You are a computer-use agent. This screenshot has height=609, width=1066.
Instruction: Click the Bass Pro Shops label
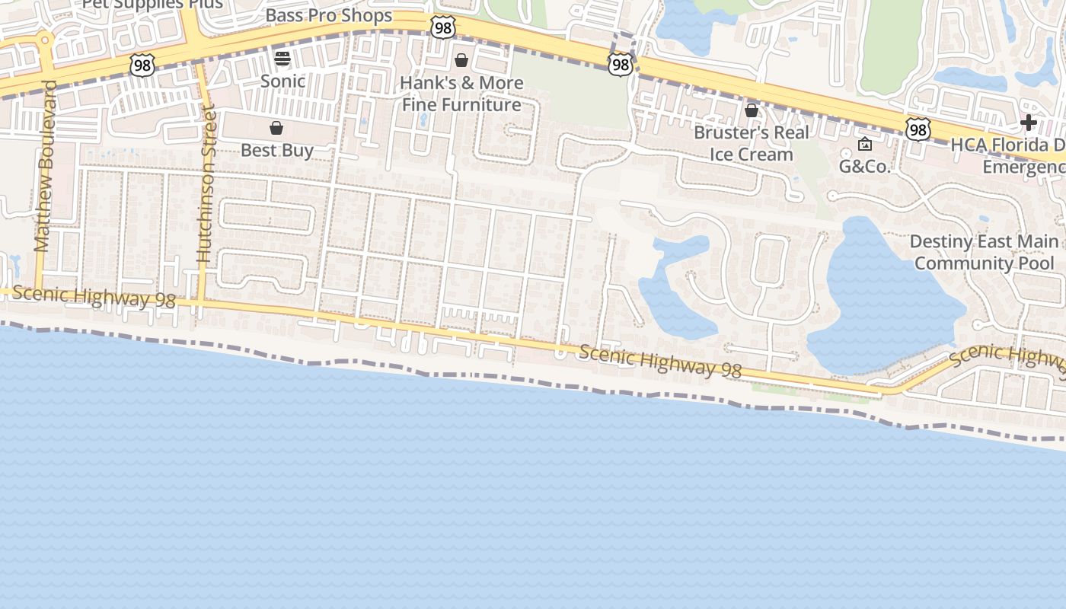click(329, 16)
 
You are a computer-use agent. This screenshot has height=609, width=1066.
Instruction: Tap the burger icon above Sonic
click(282, 59)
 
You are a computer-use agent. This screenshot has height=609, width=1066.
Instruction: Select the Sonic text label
click(282, 81)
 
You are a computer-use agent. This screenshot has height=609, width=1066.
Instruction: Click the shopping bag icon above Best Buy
click(276, 128)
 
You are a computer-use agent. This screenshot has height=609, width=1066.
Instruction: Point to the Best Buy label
click(276, 150)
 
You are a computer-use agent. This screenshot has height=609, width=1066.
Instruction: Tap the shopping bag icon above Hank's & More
click(461, 60)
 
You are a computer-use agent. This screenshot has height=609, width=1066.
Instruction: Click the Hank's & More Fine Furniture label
click(462, 94)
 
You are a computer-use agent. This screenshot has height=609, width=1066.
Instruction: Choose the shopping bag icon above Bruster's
click(752, 110)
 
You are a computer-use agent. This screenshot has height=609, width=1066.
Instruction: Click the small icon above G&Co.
click(865, 144)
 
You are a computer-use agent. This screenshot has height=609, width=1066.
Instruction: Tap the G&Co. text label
click(865, 166)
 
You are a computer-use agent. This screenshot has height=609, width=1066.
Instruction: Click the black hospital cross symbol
click(1029, 123)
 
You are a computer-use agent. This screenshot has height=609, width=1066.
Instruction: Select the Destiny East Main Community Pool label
click(985, 252)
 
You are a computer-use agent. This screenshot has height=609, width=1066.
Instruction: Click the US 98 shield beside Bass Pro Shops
click(442, 27)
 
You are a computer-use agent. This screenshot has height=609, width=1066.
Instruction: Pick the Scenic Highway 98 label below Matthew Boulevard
click(94, 297)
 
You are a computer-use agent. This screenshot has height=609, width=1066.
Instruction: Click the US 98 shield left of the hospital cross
click(918, 129)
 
